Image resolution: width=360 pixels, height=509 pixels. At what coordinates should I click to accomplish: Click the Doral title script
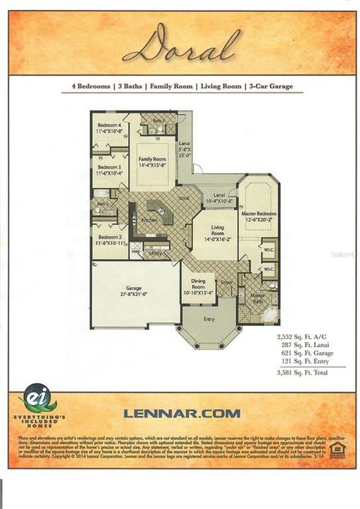pos(179,46)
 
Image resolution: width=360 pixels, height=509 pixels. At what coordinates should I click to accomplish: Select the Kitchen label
pos(149,220)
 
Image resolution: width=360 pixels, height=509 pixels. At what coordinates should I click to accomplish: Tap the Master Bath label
pos(258,298)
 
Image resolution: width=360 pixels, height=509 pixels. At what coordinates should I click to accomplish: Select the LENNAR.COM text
pos(181,413)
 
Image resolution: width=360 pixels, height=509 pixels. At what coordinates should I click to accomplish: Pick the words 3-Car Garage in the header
pos(269,87)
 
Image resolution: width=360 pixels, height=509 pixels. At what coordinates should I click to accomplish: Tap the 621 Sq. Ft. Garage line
pos(306,352)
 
